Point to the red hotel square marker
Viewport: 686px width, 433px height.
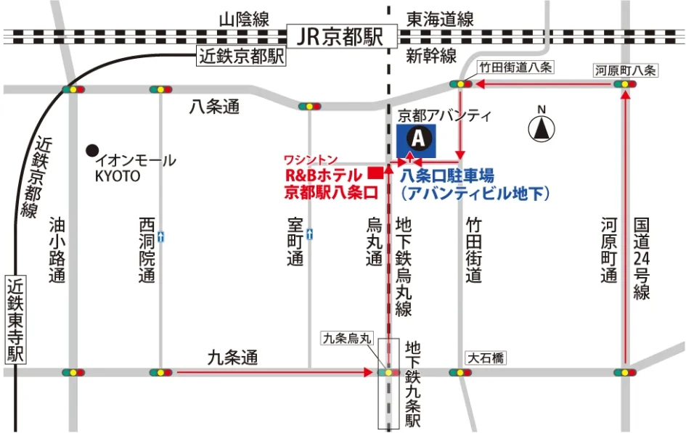coord(375,173)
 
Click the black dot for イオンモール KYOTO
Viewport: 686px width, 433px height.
coord(91,150)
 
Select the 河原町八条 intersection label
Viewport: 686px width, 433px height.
coord(625,70)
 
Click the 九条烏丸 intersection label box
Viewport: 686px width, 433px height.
coord(347,338)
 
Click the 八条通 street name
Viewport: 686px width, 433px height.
coord(214,107)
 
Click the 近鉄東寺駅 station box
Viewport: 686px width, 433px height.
coord(15,319)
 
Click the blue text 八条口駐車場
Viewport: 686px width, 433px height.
coord(447,175)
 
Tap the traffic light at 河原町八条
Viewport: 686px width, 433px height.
coord(624,86)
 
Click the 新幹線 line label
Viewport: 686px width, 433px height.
coord(431,56)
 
